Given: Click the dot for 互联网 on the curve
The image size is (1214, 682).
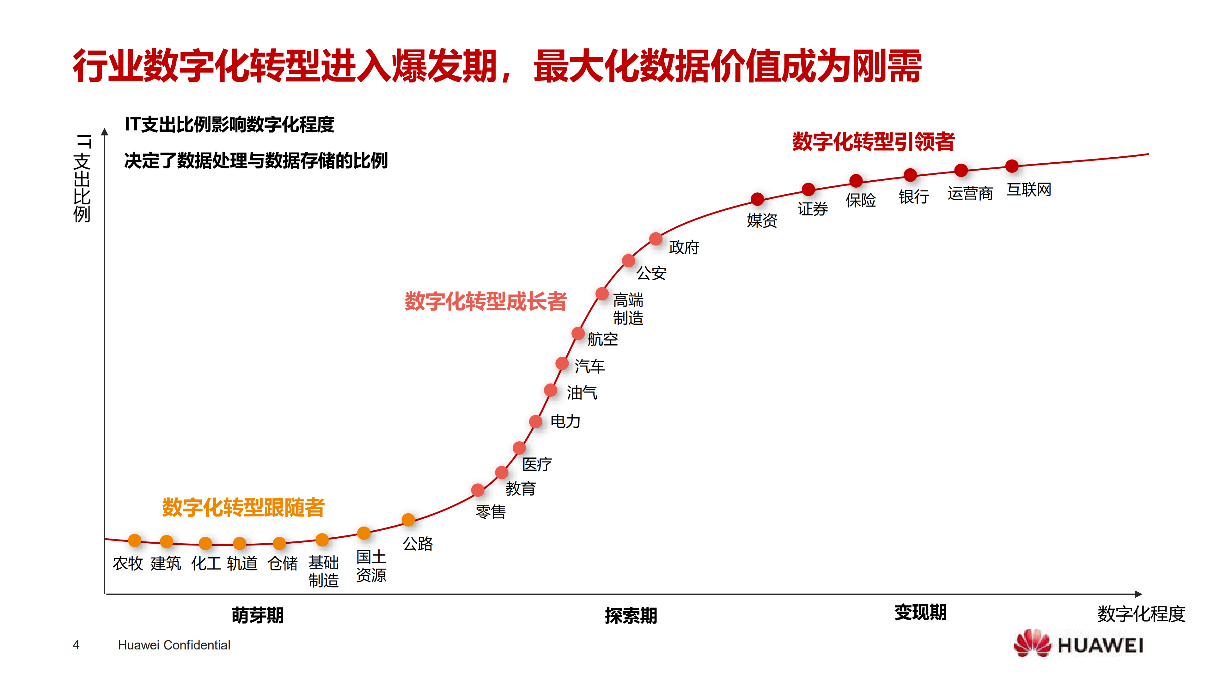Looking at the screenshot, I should coord(1011,166).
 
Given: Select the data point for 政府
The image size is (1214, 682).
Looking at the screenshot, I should coord(656,239).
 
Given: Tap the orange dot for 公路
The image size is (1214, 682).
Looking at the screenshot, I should coord(408,520).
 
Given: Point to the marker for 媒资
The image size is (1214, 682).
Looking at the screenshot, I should coord(757,199).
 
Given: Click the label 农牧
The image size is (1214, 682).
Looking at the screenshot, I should coord(128,563).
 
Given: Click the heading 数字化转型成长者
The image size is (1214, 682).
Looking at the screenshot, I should coord(485,301).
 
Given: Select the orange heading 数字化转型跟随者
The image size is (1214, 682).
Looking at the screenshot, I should coord(243,507).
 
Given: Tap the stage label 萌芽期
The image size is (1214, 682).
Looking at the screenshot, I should coord(257,615).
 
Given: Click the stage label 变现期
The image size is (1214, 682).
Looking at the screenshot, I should coord(920,612).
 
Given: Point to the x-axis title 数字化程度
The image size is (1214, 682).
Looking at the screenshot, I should coord(1141,614).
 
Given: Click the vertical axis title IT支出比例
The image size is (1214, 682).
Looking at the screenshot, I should coord(82,178).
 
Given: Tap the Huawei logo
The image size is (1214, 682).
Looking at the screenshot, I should coord(1078,644).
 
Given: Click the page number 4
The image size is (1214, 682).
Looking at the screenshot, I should coord(76,644).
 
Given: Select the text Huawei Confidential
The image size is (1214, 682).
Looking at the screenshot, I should coord(174,645).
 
